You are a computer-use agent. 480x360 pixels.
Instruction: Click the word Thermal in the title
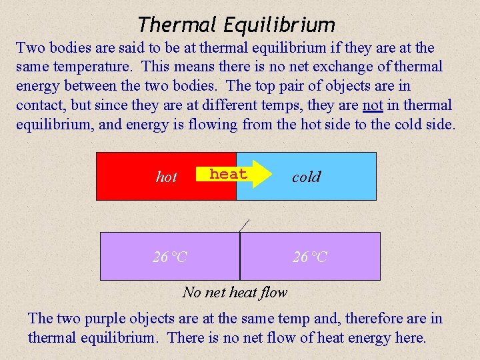point(177,25)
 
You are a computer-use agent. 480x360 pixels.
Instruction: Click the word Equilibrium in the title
point(279,25)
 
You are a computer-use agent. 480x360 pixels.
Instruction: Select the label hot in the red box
point(166,177)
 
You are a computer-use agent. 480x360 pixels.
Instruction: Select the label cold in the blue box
point(306,177)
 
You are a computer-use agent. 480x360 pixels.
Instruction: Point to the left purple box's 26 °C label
point(170,257)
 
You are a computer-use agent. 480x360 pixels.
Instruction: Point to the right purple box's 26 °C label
point(310,257)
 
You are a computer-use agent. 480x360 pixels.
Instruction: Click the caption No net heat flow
point(235,292)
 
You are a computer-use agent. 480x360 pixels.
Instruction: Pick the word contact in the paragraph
point(40,105)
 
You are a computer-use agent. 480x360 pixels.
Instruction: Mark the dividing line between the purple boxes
point(240,257)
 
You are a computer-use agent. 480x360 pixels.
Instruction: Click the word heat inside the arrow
point(228,174)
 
